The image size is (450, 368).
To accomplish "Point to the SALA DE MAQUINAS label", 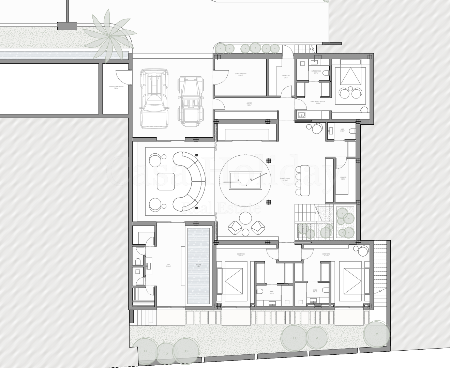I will tap(241, 74).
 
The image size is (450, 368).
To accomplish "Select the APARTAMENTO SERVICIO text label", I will tap(318, 102).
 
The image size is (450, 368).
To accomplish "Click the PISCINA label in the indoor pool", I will tap(198, 265).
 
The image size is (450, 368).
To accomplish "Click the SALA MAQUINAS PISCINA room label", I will tap(116, 88).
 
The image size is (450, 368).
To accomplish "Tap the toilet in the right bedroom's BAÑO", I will tap(325, 290).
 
